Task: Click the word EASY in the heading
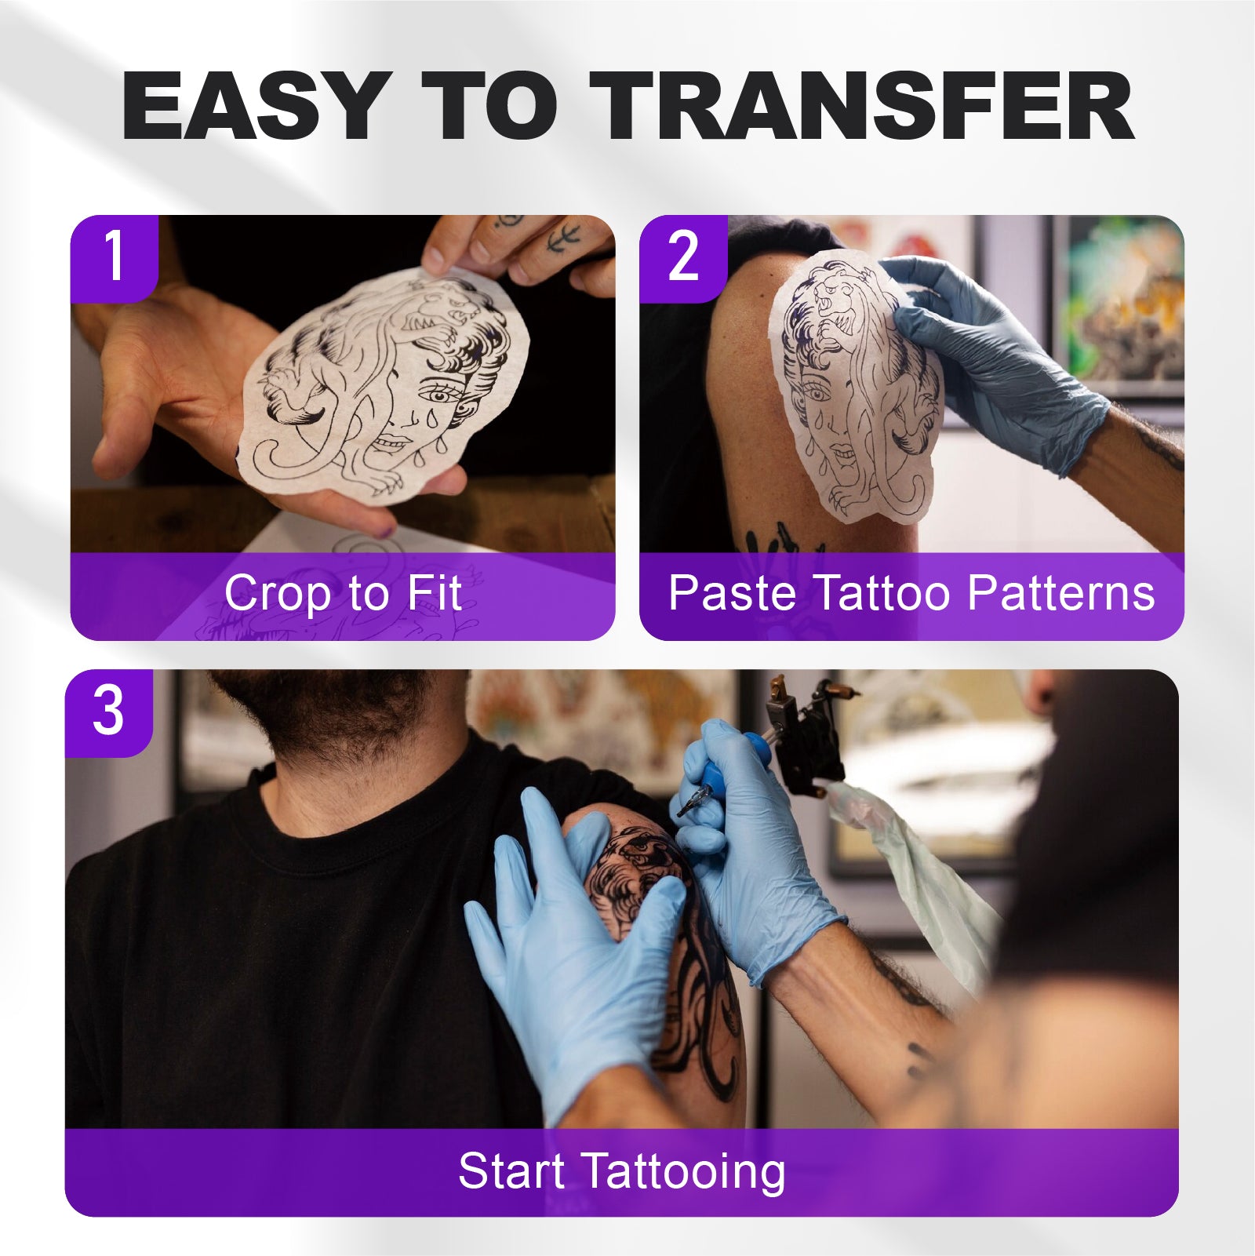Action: (x=253, y=106)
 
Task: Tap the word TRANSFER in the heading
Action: (x=861, y=106)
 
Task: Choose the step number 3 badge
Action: (x=108, y=712)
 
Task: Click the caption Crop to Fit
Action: (x=343, y=594)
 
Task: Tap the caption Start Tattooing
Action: (x=621, y=1173)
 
